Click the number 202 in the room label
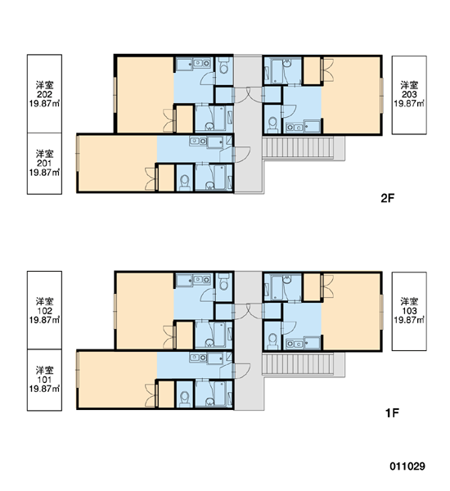pyautogui.click(x=44, y=94)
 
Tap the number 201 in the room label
pyautogui.click(x=44, y=163)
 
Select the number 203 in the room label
pyautogui.click(x=409, y=94)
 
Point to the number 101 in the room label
pyautogui.click(x=44, y=380)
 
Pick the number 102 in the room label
pyautogui.click(x=44, y=311)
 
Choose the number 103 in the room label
pyautogui.click(x=409, y=311)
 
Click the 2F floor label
pyautogui.click(x=387, y=198)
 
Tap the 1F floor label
pyautogui.click(x=392, y=413)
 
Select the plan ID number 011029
pyautogui.click(x=407, y=466)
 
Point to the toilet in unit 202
pyautogui.click(x=223, y=65)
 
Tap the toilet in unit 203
pyautogui.click(x=273, y=125)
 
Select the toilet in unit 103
pyautogui.click(x=273, y=341)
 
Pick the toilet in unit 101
pyautogui.click(x=185, y=399)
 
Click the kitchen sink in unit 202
pyautogui.click(x=201, y=63)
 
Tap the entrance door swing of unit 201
pyautogui.click(x=243, y=155)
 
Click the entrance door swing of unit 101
pyautogui.click(x=243, y=371)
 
